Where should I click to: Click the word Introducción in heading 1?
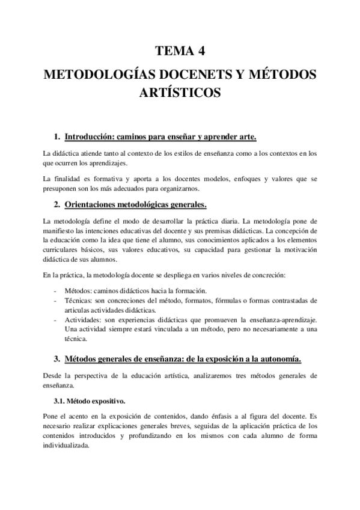point(93,136)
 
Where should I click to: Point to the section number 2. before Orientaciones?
point(57,204)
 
